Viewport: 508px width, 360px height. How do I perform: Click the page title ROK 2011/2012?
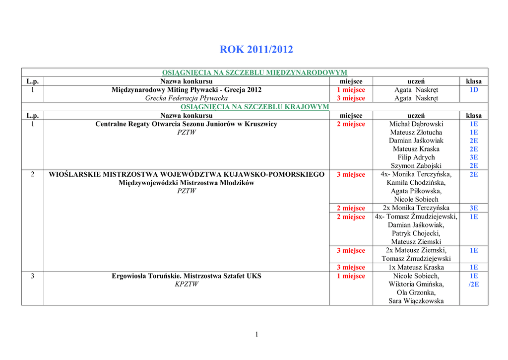(256, 50)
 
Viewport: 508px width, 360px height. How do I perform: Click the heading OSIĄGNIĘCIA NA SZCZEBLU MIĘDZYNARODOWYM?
(254, 72)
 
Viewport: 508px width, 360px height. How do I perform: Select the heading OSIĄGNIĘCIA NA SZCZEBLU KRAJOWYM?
(254, 107)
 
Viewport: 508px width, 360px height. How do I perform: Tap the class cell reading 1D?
(474, 90)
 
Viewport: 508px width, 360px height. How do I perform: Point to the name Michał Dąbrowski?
(416, 124)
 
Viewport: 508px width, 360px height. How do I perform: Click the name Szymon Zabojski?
(416, 166)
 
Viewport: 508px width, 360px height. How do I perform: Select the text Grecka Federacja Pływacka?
(187, 98)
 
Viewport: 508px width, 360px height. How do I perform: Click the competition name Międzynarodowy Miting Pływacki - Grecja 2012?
(187, 90)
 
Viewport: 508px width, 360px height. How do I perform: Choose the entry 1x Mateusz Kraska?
(416, 268)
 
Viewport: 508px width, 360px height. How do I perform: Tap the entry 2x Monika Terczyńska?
(416, 208)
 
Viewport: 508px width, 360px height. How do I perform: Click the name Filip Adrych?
(416, 157)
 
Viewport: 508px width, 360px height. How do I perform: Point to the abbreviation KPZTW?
(187, 285)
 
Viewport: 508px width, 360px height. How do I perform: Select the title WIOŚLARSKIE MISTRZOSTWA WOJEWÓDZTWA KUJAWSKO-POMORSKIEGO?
(187, 174)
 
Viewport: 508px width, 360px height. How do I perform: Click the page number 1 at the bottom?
(256, 334)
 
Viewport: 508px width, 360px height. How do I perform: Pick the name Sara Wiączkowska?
(416, 301)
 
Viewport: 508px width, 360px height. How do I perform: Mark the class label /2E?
(474, 285)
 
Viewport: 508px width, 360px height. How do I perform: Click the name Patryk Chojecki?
(416, 233)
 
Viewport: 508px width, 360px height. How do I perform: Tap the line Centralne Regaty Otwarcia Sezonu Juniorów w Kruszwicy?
(187, 124)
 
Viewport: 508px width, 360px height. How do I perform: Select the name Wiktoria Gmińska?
(416, 285)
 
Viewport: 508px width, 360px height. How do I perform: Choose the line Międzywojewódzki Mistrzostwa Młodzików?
(187, 183)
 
